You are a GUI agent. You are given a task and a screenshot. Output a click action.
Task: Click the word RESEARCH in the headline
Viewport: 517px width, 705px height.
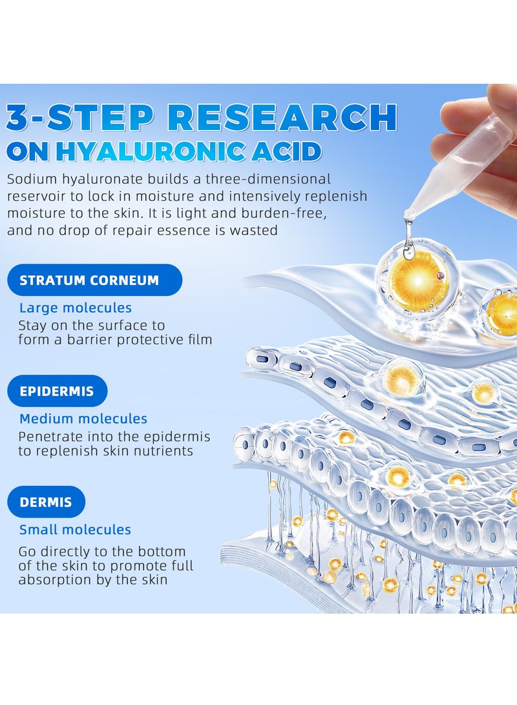click(284, 118)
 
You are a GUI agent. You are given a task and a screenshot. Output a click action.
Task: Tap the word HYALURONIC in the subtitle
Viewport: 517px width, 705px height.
click(151, 152)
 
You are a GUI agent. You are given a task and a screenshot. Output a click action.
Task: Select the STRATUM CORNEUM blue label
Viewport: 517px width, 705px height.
click(95, 280)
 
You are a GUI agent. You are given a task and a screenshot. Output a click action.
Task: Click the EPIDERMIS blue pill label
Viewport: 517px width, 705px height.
click(58, 391)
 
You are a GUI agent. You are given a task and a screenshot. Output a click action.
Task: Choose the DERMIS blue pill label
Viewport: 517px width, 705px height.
click(47, 502)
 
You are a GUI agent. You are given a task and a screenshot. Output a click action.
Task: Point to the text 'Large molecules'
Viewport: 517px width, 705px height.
click(76, 308)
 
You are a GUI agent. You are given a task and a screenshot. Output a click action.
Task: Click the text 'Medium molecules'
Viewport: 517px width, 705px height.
click(83, 419)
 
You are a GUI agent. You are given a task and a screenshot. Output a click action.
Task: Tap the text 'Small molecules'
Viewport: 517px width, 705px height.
click(75, 529)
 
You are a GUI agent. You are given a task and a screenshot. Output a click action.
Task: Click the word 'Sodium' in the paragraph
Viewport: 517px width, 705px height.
click(32, 179)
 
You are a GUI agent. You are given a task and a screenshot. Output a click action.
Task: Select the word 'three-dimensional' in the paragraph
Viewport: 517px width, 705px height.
click(268, 179)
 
